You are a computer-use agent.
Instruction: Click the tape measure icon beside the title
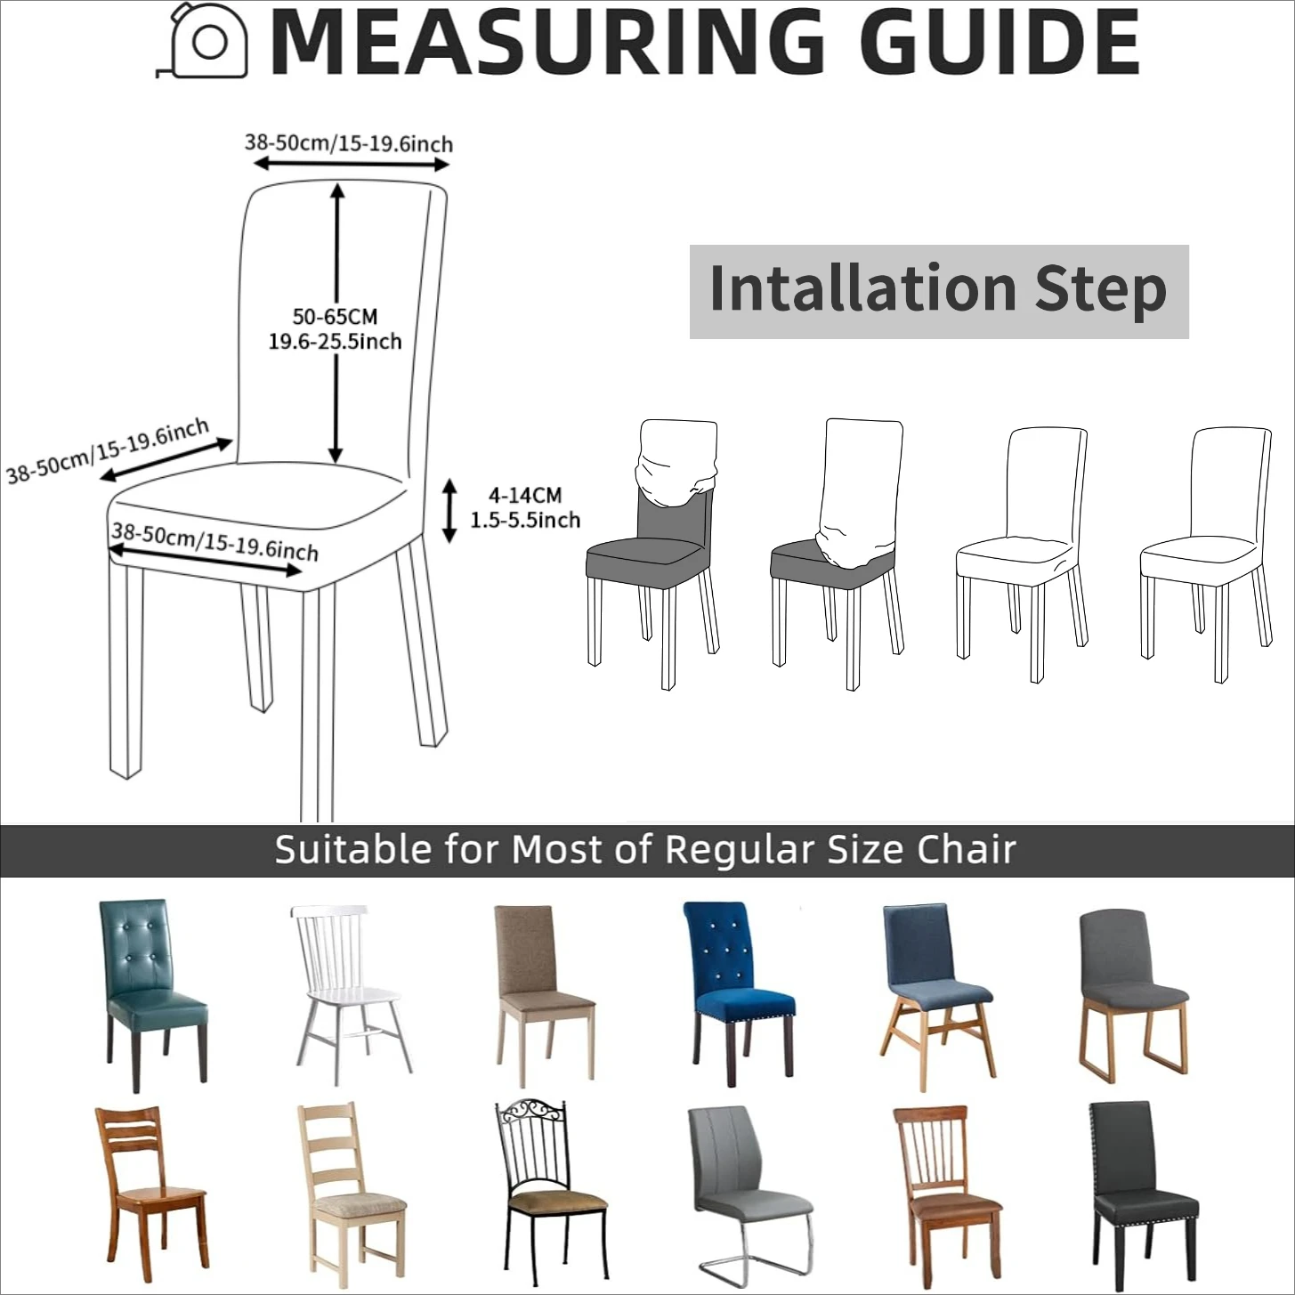pos(202,41)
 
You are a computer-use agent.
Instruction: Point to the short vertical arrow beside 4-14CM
pos(449,510)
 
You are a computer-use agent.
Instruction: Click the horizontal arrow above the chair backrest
pos(351,163)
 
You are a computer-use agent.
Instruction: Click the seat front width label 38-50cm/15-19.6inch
pos(214,541)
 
